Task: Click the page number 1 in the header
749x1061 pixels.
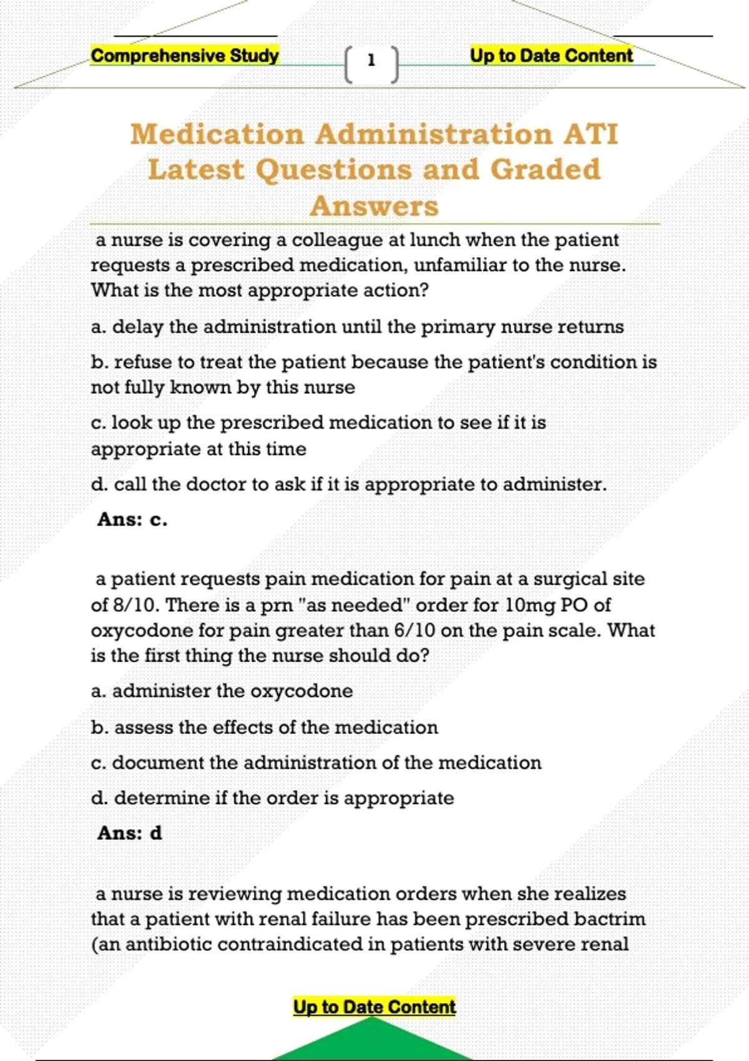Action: [x=371, y=61]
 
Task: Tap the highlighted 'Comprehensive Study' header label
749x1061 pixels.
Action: [x=185, y=56]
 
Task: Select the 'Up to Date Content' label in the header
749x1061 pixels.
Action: [x=551, y=56]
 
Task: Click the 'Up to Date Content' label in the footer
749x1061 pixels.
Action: [x=374, y=1007]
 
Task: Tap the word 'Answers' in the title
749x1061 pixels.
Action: [x=374, y=206]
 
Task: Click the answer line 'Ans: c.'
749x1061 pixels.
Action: [x=132, y=519]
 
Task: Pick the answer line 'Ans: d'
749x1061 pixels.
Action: [x=130, y=833]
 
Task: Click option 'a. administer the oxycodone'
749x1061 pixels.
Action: [x=222, y=691]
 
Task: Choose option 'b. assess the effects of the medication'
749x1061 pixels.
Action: [x=265, y=727]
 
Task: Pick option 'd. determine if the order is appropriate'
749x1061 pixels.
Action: [x=273, y=798]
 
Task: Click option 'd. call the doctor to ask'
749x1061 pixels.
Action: [x=349, y=484]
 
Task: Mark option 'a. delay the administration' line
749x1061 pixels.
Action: [x=357, y=326]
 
